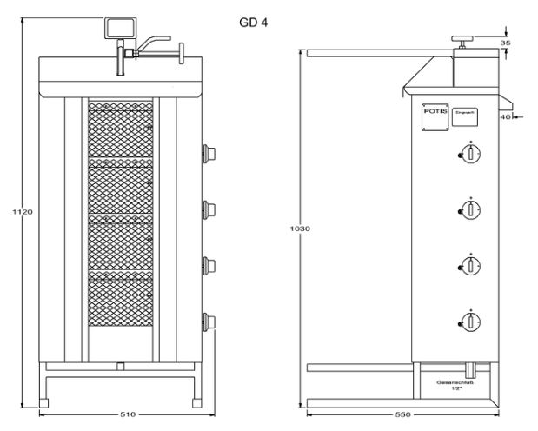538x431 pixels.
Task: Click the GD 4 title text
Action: tap(253, 22)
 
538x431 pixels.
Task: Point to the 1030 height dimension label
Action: tap(300, 229)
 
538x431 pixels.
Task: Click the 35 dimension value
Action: tap(505, 41)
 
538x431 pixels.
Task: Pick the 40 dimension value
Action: tap(504, 117)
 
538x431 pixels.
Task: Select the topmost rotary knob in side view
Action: tap(471, 153)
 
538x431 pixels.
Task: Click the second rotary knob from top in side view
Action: tap(471, 209)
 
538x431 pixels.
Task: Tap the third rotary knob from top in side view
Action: tap(471, 266)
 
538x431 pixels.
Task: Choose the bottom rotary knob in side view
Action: tap(471, 322)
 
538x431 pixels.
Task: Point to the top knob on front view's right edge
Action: tap(208, 154)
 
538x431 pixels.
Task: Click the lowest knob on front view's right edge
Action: tap(208, 321)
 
